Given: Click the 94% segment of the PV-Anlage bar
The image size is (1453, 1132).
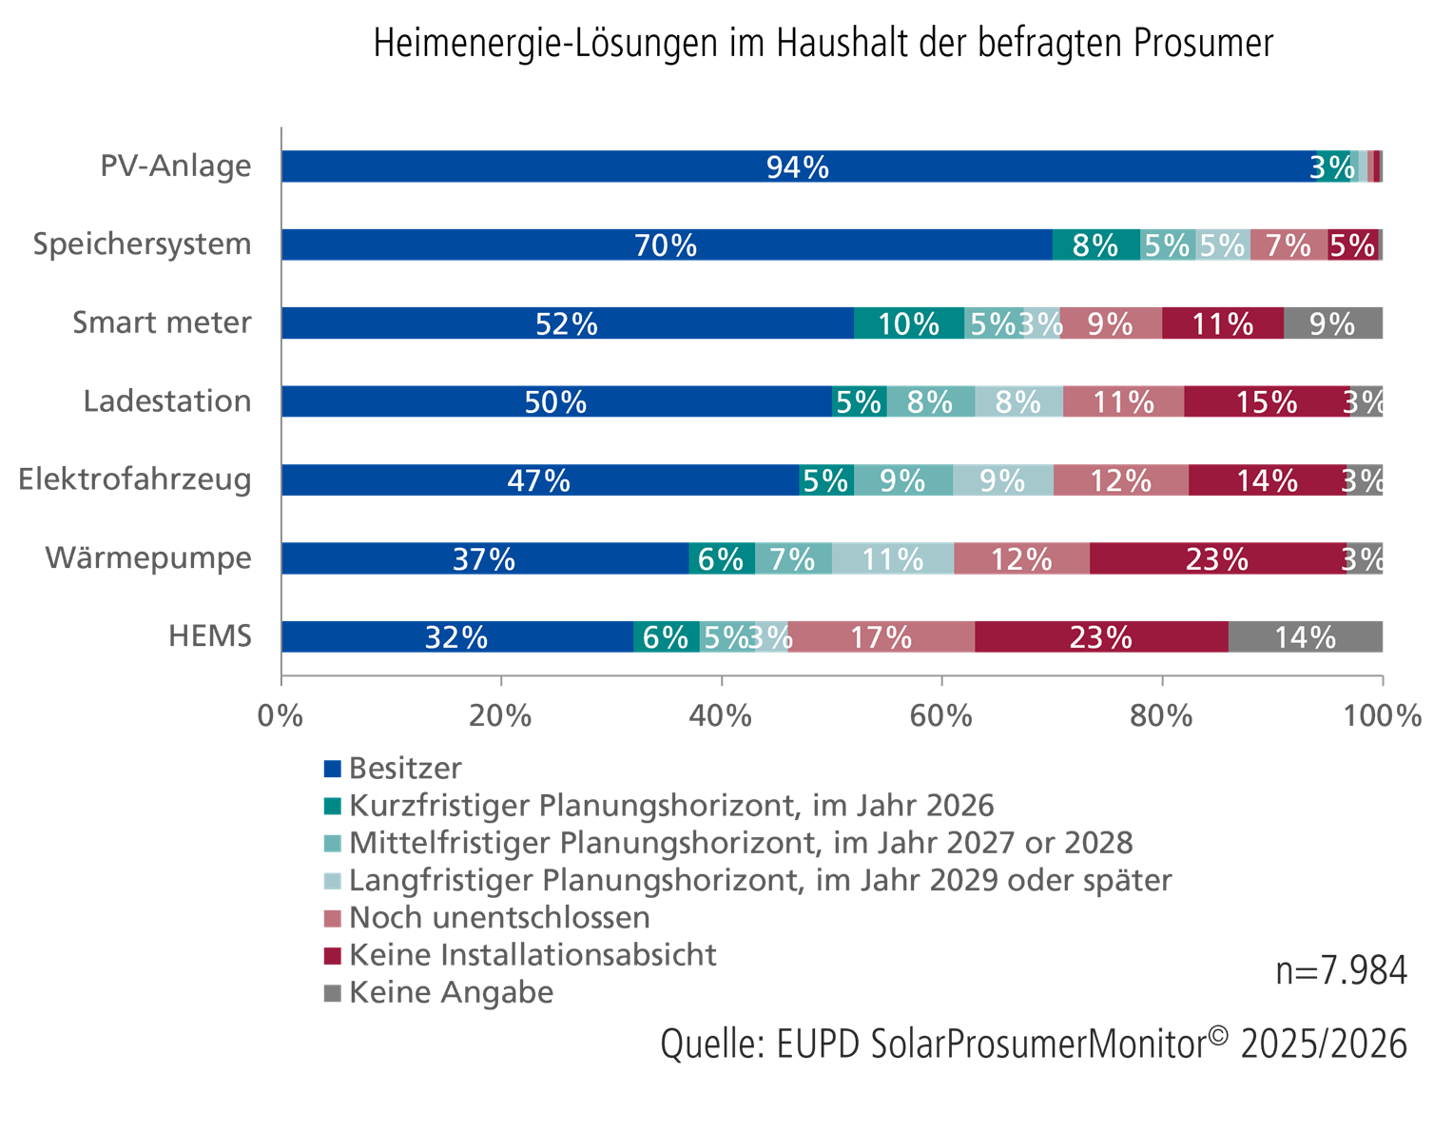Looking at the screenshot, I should [x=797, y=166].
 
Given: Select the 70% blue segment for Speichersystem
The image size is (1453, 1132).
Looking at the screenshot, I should [x=666, y=244].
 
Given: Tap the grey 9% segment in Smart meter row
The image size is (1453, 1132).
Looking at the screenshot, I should [x=1332, y=323].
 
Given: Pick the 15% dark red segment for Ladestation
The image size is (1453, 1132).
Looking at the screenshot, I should [x=1267, y=401].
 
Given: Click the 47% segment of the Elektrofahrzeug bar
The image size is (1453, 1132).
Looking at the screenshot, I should [x=539, y=480].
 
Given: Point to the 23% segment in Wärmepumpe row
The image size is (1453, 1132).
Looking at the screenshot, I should [x=1217, y=558].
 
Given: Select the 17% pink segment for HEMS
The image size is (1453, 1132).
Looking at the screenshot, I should [x=881, y=636].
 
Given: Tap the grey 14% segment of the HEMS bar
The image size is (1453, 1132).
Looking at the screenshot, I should [x=1306, y=636].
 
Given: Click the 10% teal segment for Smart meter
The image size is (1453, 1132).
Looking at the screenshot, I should [x=908, y=323].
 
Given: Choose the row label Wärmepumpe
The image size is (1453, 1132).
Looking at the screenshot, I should [x=148, y=557].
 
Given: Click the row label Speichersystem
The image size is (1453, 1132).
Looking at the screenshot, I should [x=142, y=244].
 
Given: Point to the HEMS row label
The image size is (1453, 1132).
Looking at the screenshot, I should [x=210, y=635].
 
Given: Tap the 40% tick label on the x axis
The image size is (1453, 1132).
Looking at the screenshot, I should [x=721, y=715].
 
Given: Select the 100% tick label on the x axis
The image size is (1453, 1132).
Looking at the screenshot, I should [x=1382, y=715].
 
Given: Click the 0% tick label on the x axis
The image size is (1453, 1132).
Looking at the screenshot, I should [x=281, y=715].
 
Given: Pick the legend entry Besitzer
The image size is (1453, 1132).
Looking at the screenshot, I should [x=405, y=768].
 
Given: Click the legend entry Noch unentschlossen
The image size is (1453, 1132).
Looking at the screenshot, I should [x=499, y=917].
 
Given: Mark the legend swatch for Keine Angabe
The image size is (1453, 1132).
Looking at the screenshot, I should [x=332, y=993].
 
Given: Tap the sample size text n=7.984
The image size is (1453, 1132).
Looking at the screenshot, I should [x=1341, y=971].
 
